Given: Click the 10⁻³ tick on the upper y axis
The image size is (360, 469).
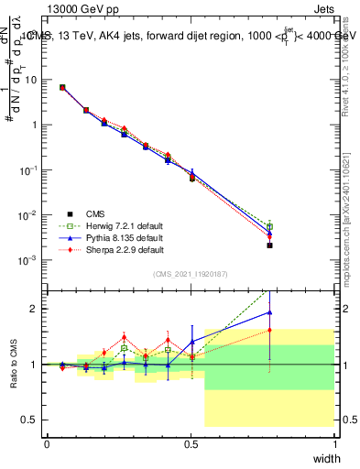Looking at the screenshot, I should [x=29, y=260].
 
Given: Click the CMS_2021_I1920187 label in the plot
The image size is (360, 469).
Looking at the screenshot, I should [x=191, y=273].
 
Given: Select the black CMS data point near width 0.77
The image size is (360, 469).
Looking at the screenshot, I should [x=269, y=245].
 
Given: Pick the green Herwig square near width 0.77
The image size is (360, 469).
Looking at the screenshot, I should [x=269, y=226].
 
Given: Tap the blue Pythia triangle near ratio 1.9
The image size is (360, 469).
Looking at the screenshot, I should [x=269, y=312].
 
